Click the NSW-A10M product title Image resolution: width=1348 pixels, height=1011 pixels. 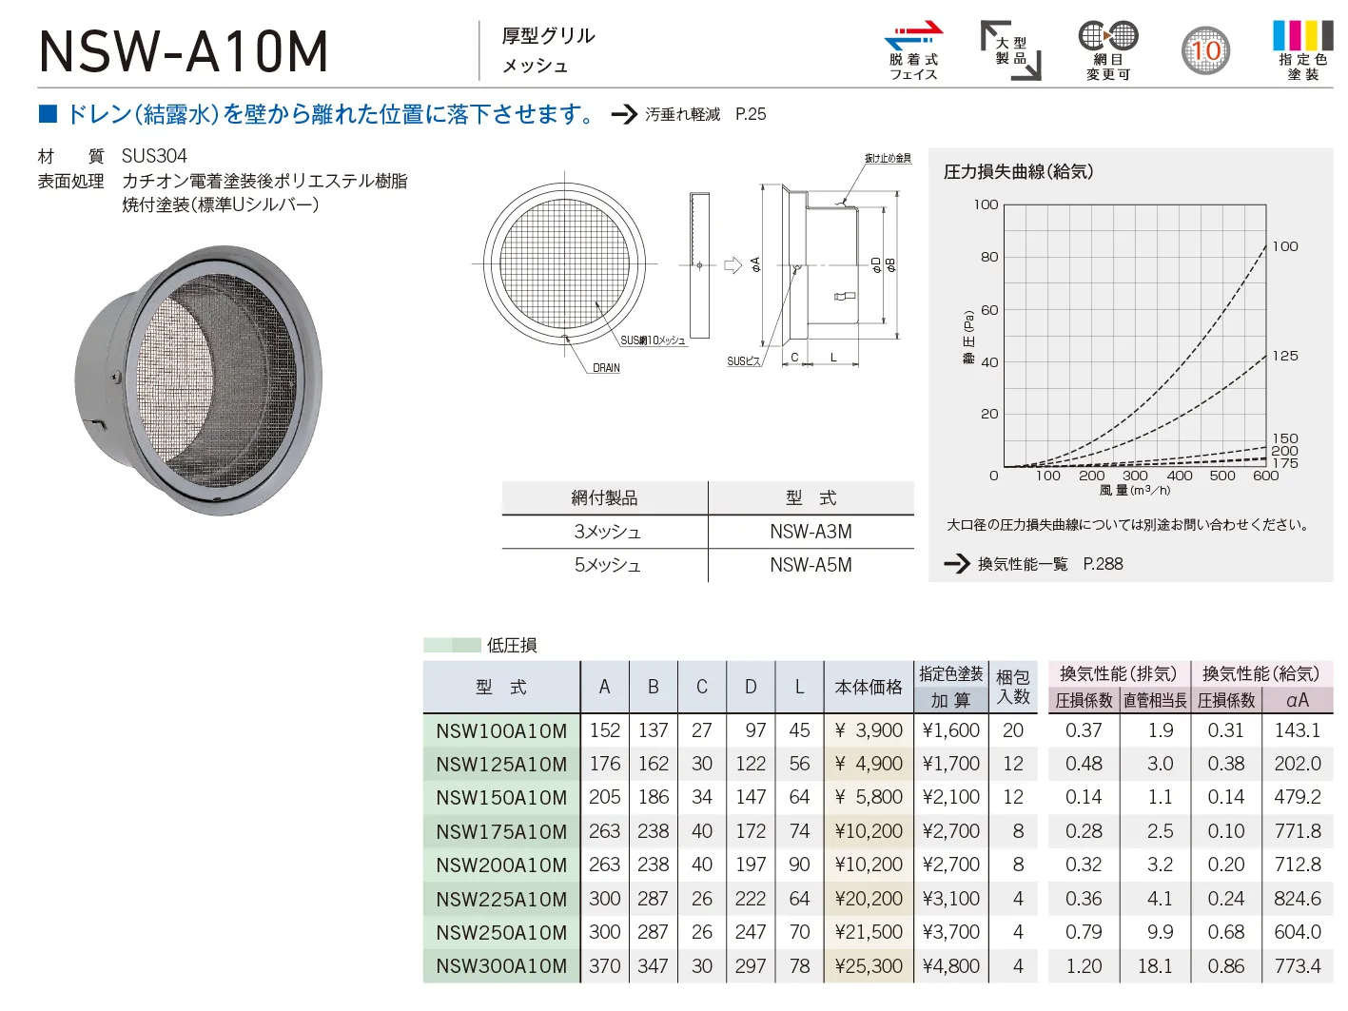point(183,52)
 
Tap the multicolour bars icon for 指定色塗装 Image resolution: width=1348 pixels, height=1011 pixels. point(1302,35)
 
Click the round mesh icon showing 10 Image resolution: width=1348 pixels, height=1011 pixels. point(1205,50)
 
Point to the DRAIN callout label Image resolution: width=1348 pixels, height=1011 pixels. point(606,368)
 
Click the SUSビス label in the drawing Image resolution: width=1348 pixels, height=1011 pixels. point(743,361)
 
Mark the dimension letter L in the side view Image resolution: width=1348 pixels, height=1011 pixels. point(833,358)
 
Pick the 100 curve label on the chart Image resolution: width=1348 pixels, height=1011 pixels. point(1285,246)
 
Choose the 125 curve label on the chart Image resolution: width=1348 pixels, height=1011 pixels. point(1285,356)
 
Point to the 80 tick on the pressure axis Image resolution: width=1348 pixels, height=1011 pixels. point(988,257)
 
